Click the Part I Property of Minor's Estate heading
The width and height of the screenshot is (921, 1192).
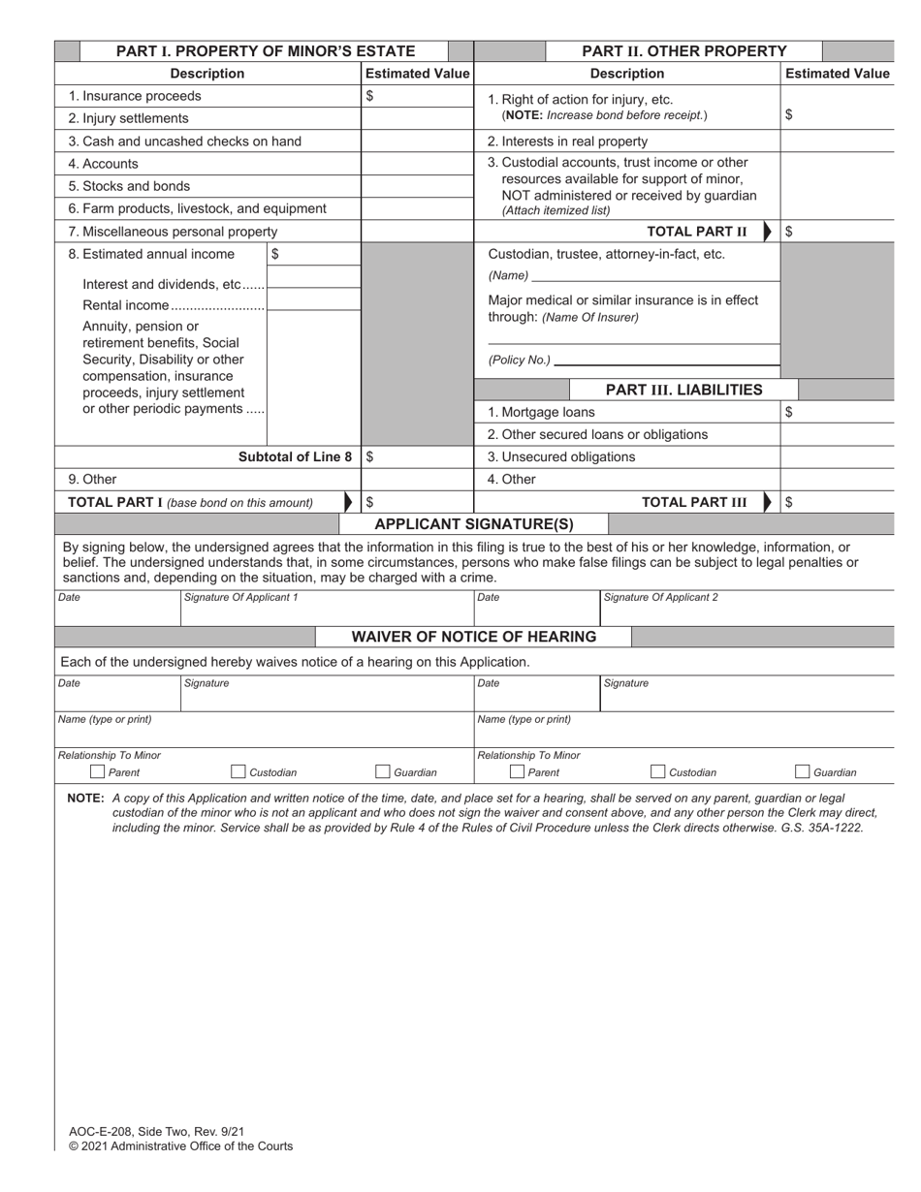coord(265,51)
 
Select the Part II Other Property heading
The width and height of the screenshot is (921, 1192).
coord(683,51)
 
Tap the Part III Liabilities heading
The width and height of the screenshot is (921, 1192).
coord(683,390)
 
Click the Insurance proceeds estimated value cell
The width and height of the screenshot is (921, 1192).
coord(417,96)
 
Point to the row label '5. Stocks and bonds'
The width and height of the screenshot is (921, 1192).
coord(129,186)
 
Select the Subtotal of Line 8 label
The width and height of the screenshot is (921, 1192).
coord(295,456)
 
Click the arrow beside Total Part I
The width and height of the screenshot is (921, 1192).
coord(349,502)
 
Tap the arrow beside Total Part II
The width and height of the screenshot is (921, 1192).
coord(769,232)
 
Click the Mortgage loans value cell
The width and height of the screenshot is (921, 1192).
coord(837,412)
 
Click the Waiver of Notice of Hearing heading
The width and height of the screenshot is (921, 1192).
coord(473,637)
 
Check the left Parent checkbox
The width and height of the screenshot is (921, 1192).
coord(97,772)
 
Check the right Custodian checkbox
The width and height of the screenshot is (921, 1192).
coord(658,772)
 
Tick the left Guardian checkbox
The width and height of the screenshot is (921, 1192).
coord(384,772)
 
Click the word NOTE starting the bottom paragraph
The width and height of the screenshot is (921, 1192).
coord(85,799)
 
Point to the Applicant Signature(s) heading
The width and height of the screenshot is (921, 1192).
coord(473,524)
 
